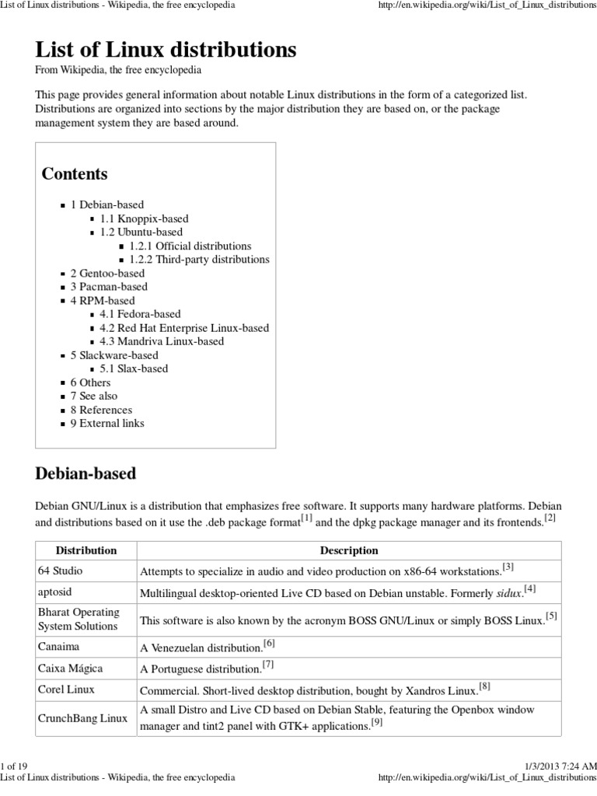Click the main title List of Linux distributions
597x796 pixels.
click(166, 51)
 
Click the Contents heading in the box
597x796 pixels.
click(75, 173)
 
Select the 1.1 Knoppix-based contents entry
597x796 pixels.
click(144, 218)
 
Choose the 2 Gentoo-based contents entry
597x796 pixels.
click(107, 273)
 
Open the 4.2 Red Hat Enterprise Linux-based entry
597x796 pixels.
click(184, 327)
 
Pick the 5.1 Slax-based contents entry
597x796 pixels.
click(134, 368)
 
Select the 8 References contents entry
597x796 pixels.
click(101, 410)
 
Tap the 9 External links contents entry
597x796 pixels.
click(107, 423)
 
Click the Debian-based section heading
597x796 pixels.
click(86, 473)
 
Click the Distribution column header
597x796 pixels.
click(86, 550)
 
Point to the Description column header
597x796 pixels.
click(349, 550)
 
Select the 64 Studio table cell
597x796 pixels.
click(60, 571)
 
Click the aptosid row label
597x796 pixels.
click(55, 592)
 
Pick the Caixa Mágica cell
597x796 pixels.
click(70, 668)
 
